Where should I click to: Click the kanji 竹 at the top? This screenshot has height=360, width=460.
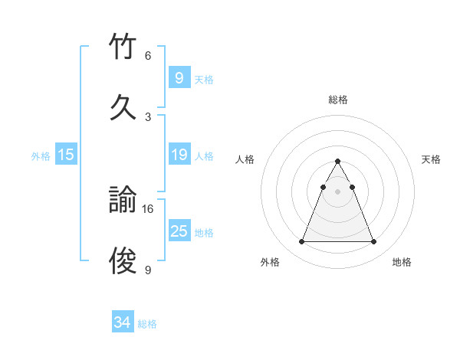(123, 48)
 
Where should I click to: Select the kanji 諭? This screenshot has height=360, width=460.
(123, 201)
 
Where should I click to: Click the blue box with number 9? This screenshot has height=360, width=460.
(179, 77)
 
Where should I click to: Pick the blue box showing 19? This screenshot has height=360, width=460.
(179, 155)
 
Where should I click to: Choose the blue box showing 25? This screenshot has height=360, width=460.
(179, 231)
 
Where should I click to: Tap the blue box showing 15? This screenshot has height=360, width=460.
(66, 155)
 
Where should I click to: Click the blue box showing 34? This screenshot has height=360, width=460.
(122, 322)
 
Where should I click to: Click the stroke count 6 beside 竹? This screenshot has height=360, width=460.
(148, 56)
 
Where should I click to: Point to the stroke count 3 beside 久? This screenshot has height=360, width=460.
(148, 116)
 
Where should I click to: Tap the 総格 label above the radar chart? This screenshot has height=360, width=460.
(338, 100)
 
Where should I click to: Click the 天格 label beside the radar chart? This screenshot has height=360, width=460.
(432, 159)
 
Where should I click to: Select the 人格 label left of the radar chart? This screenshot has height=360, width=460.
(245, 159)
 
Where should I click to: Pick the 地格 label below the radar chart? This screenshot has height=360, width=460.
(402, 262)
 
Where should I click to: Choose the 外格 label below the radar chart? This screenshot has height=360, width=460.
(270, 262)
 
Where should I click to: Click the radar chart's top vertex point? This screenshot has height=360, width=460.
(337, 161)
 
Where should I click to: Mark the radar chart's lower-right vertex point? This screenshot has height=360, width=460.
(373, 242)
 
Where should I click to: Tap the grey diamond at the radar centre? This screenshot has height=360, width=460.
(337, 191)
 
